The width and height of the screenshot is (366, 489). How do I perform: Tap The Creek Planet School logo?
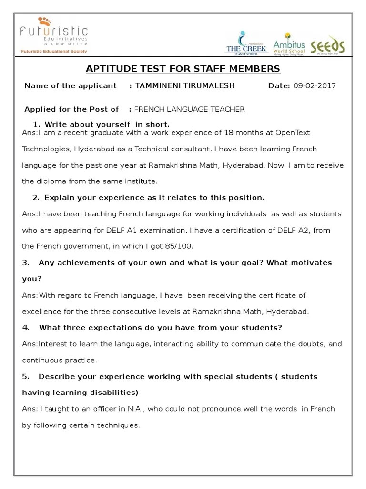click(x=245, y=43)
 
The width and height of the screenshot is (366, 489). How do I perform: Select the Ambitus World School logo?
click(x=289, y=43)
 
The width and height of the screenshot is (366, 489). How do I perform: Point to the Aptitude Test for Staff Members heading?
click(x=183, y=69)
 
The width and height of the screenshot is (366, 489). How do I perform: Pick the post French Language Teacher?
click(x=190, y=109)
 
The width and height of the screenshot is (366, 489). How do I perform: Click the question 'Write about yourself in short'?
click(x=101, y=125)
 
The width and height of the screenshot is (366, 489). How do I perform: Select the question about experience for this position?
click(x=148, y=198)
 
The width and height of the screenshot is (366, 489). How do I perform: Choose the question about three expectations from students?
click(x=152, y=328)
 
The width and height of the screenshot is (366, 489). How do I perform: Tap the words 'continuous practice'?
click(x=59, y=360)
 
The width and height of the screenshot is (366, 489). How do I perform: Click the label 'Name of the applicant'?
click(x=71, y=86)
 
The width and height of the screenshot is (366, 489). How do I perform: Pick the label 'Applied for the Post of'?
click(x=71, y=109)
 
